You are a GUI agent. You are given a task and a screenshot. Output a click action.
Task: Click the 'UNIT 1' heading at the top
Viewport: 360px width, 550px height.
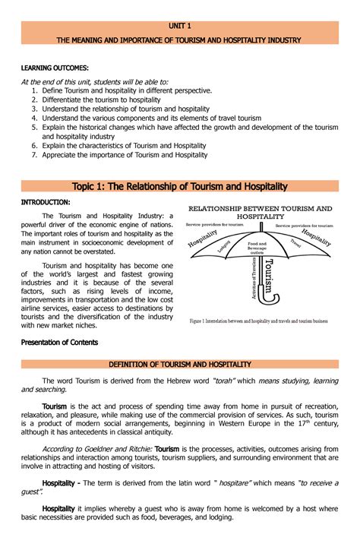180,26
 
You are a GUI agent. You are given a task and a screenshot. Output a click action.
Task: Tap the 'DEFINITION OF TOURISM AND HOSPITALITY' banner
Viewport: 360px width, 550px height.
180,365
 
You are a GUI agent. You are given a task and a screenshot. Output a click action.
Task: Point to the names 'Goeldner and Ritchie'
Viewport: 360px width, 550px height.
120,449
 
